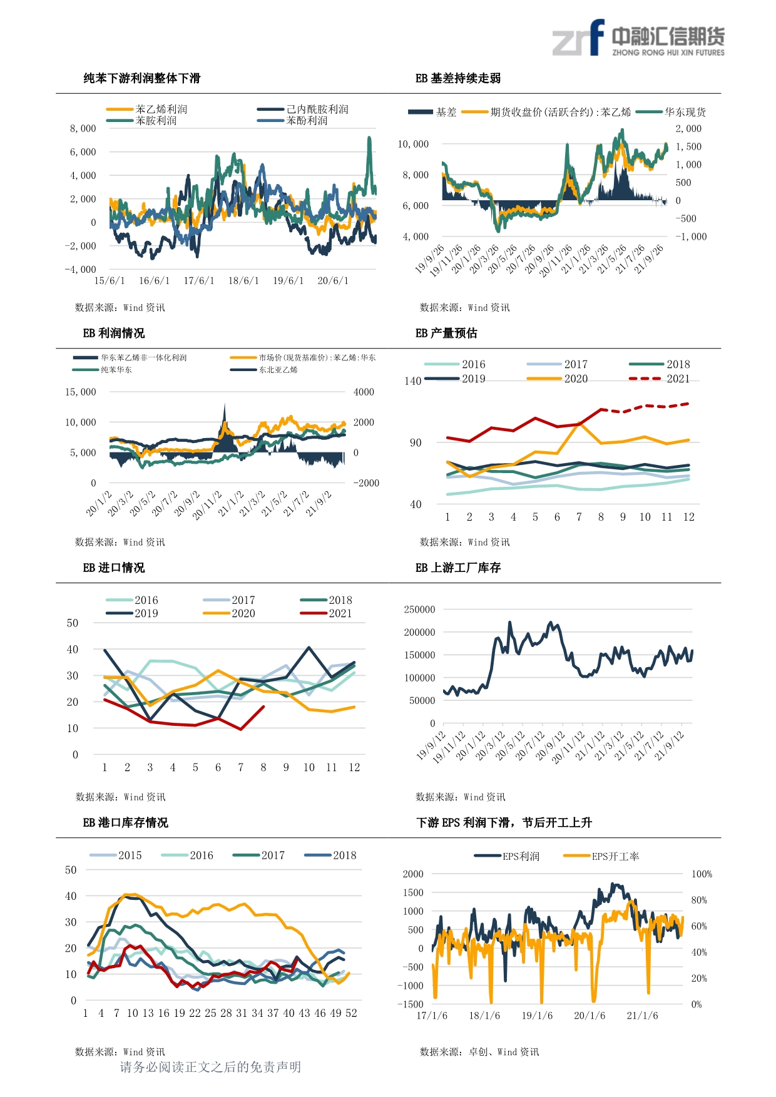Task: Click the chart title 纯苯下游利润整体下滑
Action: (x=142, y=78)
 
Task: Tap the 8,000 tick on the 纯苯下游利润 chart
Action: (x=83, y=128)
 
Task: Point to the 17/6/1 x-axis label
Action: (x=199, y=281)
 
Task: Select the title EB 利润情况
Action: (x=114, y=333)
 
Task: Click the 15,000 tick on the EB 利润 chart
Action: (x=81, y=392)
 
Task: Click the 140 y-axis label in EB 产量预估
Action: (x=413, y=381)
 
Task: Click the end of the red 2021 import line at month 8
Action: (x=263, y=707)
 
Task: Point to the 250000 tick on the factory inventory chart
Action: (x=420, y=610)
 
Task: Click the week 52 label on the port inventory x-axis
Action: (x=351, y=1013)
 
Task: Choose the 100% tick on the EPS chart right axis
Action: (x=702, y=874)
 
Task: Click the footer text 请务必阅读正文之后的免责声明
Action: (x=210, y=1067)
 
